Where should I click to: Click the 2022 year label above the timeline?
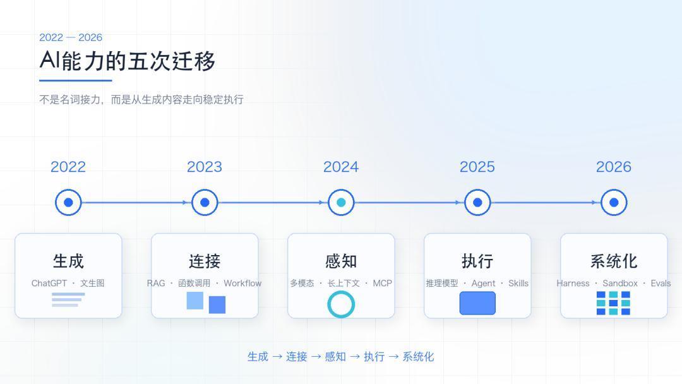click(x=68, y=167)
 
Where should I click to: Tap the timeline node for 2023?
click(x=205, y=202)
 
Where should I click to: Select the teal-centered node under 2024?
click(x=341, y=202)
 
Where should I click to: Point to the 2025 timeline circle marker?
click(x=477, y=202)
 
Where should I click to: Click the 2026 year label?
click(x=613, y=167)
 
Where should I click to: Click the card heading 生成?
click(x=68, y=261)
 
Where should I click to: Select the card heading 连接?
click(x=205, y=261)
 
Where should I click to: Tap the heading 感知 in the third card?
click(x=341, y=261)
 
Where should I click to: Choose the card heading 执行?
click(x=477, y=261)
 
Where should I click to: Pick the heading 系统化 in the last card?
click(x=613, y=261)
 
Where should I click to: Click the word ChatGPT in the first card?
click(x=49, y=283)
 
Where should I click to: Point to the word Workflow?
click(x=242, y=283)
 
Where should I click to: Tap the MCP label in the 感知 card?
click(x=382, y=283)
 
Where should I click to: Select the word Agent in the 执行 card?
click(x=483, y=284)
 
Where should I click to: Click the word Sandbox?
click(x=620, y=283)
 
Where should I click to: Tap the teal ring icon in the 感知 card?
click(x=341, y=292)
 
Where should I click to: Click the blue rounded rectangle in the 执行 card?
click(x=477, y=303)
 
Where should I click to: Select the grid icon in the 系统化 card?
click(x=613, y=303)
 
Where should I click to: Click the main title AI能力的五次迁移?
click(x=128, y=61)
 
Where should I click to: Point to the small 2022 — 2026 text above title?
click(x=71, y=37)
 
